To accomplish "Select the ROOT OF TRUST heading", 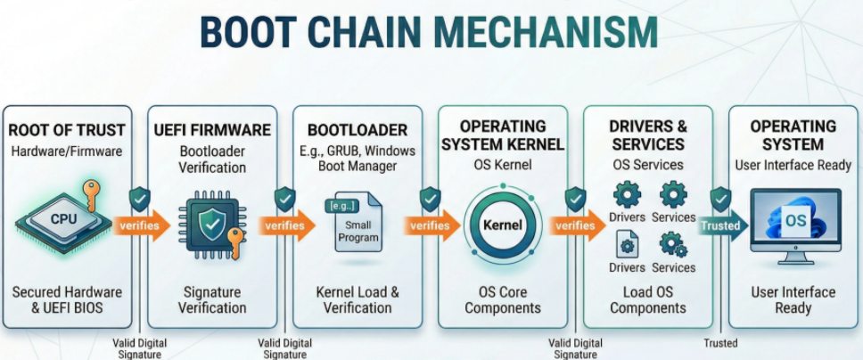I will pyautogui.click(x=67, y=130).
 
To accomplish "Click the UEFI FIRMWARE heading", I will pyautogui.click(x=213, y=130).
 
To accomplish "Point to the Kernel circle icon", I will pyautogui.click(x=501, y=225).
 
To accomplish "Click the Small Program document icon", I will pyautogui.click(x=357, y=225).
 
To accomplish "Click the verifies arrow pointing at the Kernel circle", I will pyautogui.click(x=431, y=225).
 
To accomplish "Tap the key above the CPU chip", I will pyautogui.click(x=92, y=190).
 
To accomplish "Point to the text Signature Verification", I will pyautogui.click(x=212, y=299).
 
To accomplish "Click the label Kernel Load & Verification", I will pyautogui.click(x=357, y=299).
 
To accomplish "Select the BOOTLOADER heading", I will pyautogui.click(x=357, y=130).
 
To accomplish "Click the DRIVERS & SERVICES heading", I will pyautogui.click(x=648, y=135).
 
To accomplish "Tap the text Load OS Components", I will pyautogui.click(x=648, y=299).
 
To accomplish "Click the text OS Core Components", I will pyautogui.click(x=502, y=299).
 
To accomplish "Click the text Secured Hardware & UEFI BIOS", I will pyautogui.click(x=67, y=299).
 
